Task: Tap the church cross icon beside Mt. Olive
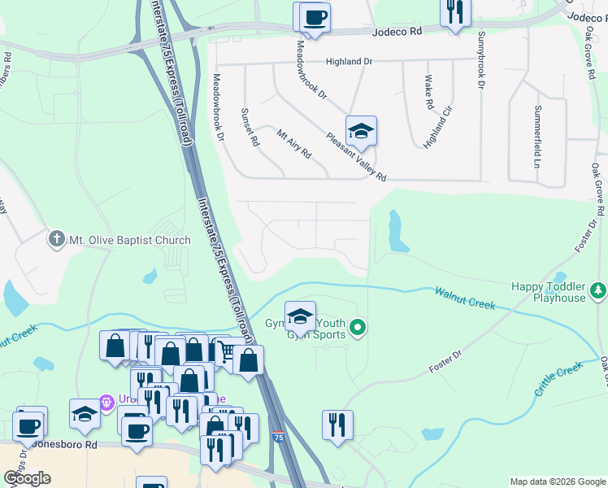(x=56, y=239)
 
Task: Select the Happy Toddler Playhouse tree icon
(x=598, y=290)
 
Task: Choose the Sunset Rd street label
(x=250, y=127)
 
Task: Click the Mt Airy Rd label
(x=293, y=143)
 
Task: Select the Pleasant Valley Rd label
(x=356, y=157)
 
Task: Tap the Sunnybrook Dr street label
(x=481, y=60)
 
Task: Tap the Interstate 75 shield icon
(x=278, y=437)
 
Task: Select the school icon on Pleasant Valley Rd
(x=361, y=130)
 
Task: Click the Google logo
(x=27, y=478)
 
